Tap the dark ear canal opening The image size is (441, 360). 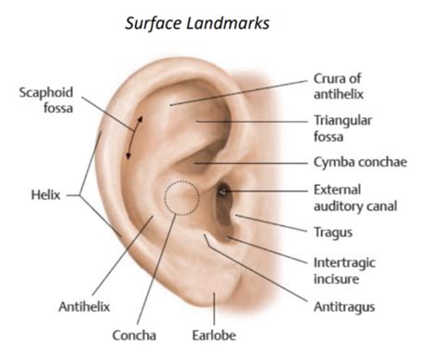point(224,193)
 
